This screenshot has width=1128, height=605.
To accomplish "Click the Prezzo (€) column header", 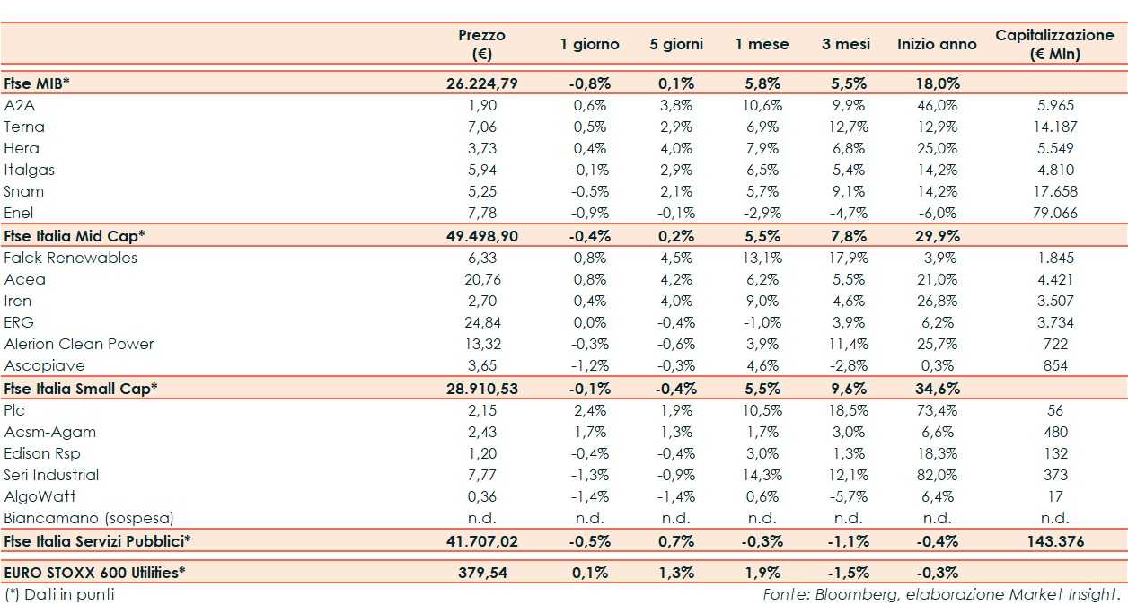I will point(481,44).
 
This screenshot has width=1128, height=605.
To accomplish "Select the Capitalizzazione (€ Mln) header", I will point(1054,44).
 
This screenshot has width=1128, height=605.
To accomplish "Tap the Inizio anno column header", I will point(937,44).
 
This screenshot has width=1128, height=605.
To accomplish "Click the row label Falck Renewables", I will point(71,258).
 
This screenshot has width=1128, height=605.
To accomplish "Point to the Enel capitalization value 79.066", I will point(1054,213).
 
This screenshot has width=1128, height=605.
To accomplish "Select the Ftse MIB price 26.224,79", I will point(481,83).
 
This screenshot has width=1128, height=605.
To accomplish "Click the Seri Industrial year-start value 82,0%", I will point(937,475).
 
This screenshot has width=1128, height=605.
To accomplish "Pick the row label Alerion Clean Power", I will point(79,344).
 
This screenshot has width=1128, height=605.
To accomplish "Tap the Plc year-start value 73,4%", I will point(937,410).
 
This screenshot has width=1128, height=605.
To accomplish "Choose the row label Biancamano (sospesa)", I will point(89,518).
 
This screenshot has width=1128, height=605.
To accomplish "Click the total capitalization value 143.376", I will point(1054,541).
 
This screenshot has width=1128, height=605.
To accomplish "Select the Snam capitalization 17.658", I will point(1054,191).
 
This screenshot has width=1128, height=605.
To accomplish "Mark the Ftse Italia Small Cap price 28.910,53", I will point(481,389).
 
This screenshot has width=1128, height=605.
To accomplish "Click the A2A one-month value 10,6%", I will point(762,105).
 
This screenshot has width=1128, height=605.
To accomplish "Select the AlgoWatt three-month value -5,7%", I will point(847,496).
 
